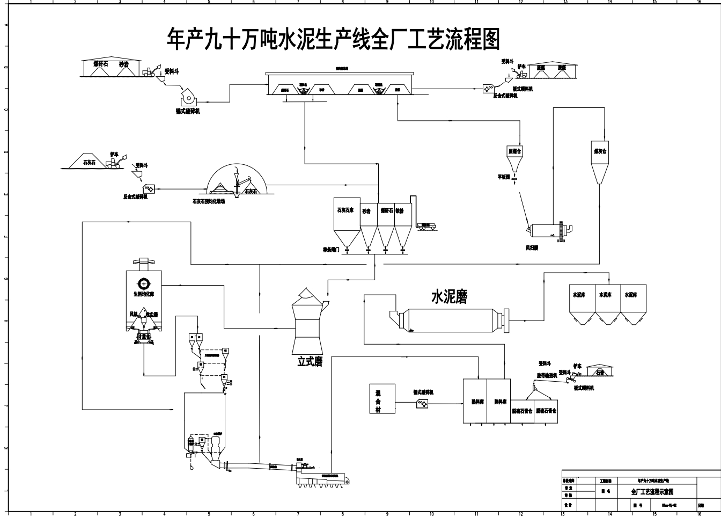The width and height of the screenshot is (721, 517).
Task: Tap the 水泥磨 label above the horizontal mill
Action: [450, 297]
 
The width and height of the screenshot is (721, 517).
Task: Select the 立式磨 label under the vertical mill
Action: [310, 362]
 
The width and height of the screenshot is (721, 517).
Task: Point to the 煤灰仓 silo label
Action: [600, 152]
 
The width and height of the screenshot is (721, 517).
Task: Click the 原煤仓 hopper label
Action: [514, 152]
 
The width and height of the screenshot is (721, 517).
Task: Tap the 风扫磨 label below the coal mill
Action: [532, 247]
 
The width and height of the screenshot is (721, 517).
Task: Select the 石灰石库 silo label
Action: [345, 210]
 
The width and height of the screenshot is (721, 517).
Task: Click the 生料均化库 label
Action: [144, 294]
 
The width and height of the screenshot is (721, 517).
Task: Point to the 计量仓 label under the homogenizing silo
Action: [144, 336]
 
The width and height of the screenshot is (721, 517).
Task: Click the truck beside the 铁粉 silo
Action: [427, 226]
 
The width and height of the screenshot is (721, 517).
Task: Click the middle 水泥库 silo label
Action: [605, 295]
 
